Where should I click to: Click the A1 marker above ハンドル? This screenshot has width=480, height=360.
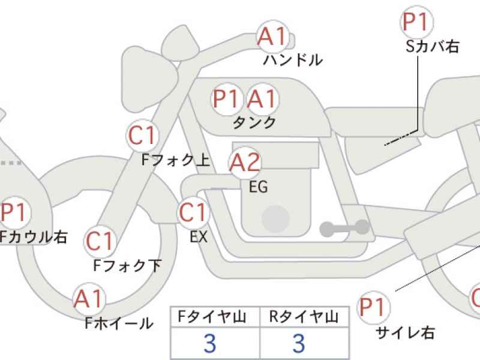point(273,37)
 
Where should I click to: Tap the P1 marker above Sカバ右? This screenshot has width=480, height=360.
point(416,22)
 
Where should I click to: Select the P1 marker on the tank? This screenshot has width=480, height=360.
point(227,99)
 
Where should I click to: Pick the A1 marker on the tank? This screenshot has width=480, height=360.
point(262,99)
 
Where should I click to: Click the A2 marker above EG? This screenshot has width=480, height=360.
point(245,162)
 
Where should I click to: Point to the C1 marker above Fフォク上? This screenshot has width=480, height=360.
point(142,136)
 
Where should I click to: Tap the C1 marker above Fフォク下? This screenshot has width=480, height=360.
point(100,241)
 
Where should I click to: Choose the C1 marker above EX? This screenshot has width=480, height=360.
point(193,212)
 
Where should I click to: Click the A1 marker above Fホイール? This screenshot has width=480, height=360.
point(89,299)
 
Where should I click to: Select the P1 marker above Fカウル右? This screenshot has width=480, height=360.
point(14,212)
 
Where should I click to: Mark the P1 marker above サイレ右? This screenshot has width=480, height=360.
point(373,307)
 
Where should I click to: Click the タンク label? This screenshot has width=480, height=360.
point(254,123)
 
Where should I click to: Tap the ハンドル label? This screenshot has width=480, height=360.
point(293,59)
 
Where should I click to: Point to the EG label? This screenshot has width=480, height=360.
point(259,187)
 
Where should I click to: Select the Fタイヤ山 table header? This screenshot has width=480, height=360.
point(212,317)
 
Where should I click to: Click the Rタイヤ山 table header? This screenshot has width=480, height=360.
point(304,317)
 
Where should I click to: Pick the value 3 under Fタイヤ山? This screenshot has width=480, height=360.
point(210,343)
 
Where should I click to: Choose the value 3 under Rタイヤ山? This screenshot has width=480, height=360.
point(299,343)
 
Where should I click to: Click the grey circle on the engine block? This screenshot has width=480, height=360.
point(276,218)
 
